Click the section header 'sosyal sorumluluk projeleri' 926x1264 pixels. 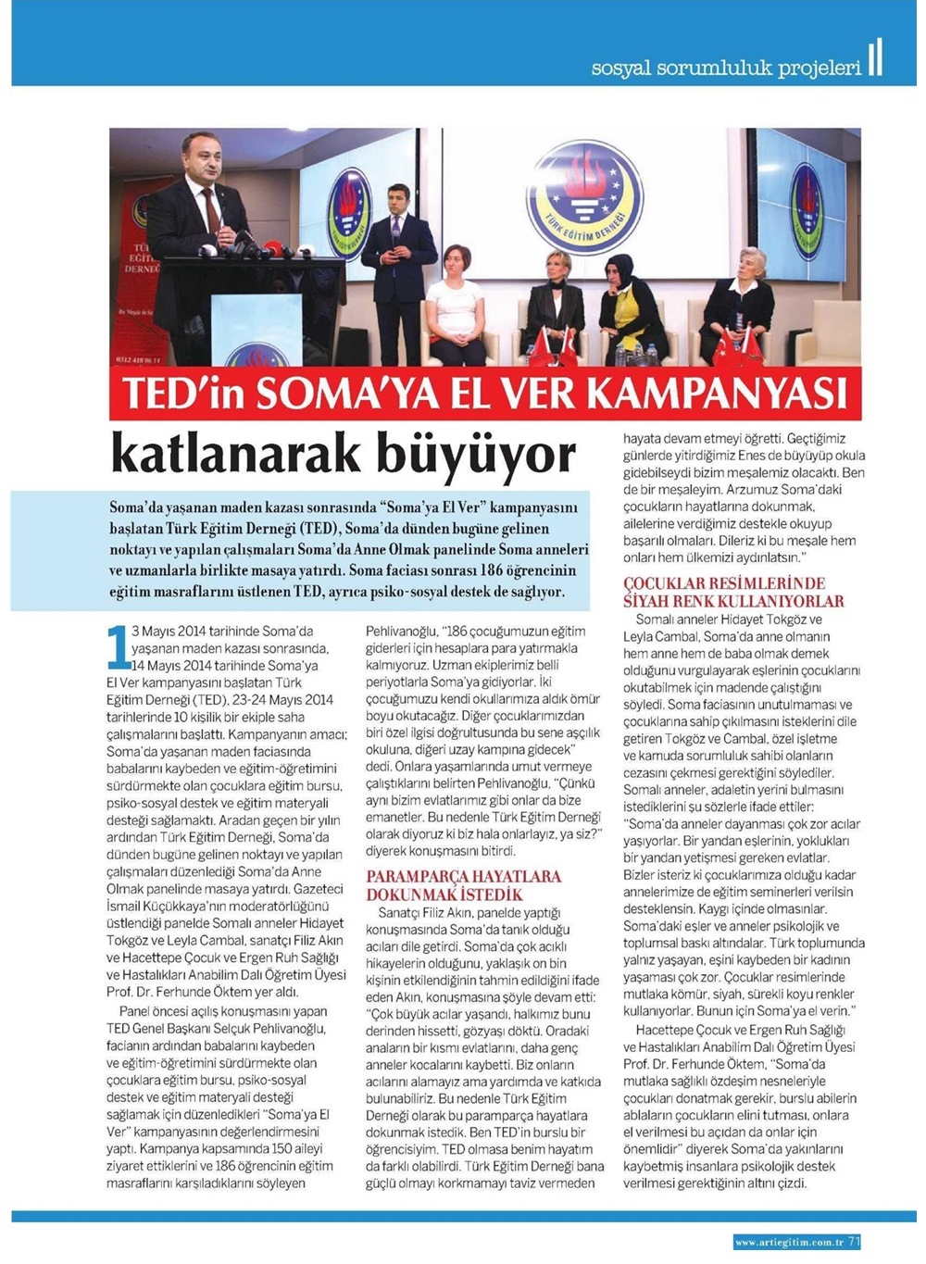[726, 68]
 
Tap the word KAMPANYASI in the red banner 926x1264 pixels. [717, 394]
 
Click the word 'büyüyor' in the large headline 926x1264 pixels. [463, 454]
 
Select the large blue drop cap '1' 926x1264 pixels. [119, 647]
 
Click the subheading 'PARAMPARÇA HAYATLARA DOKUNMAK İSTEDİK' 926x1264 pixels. [463, 885]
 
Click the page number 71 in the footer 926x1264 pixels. [854, 1242]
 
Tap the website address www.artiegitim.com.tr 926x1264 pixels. [788, 1242]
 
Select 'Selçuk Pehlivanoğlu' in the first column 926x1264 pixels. [273, 1028]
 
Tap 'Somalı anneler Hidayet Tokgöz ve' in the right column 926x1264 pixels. [729, 620]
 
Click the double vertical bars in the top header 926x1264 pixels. [875, 57]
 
